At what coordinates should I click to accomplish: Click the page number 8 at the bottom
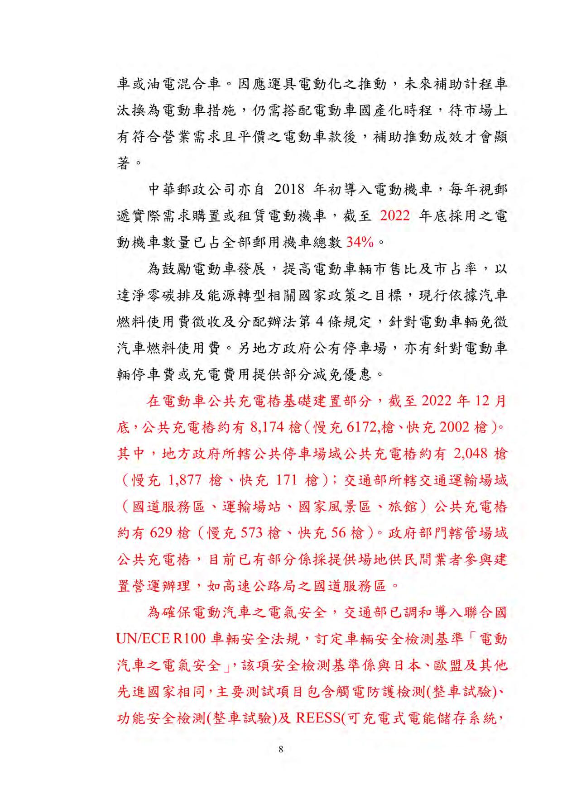coord(281,749)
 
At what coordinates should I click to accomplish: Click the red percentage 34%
coord(360,242)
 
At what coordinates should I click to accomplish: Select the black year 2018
coord(289,189)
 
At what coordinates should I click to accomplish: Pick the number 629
coord(161,533)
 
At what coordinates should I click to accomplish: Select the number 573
coord(252,533)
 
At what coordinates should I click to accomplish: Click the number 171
coord(286,480)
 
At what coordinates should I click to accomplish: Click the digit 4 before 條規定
coord(319,322)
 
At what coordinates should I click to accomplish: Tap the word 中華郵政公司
coord(192,189)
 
